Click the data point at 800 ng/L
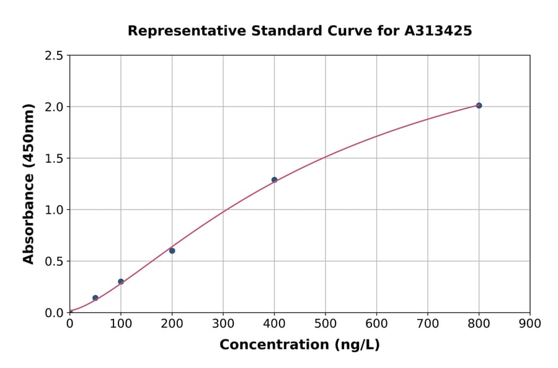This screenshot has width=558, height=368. [479, 105]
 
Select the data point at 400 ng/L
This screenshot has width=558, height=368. [274, 180]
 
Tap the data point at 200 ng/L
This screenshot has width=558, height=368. [172, 251]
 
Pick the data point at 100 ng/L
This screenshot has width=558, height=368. [121, 281]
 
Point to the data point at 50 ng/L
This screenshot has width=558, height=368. [95, 298]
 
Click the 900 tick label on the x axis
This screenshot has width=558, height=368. [530, 323]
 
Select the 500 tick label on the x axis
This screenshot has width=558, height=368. [325, 323]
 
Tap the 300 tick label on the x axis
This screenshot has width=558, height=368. [223, 323]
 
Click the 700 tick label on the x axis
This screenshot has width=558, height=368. [428, 323]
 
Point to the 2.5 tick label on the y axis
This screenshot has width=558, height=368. [55, 56]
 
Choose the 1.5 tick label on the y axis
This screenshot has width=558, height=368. [55, 159]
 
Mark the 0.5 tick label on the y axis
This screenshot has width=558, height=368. [55, 261]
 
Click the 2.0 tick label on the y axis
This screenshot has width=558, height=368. [55, 107]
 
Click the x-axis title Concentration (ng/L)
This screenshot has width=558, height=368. [299, 345]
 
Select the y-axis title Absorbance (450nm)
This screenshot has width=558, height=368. [29, 184]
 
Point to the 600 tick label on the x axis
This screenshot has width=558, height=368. [376, 323]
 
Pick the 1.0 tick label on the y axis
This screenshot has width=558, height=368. [55, 210]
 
